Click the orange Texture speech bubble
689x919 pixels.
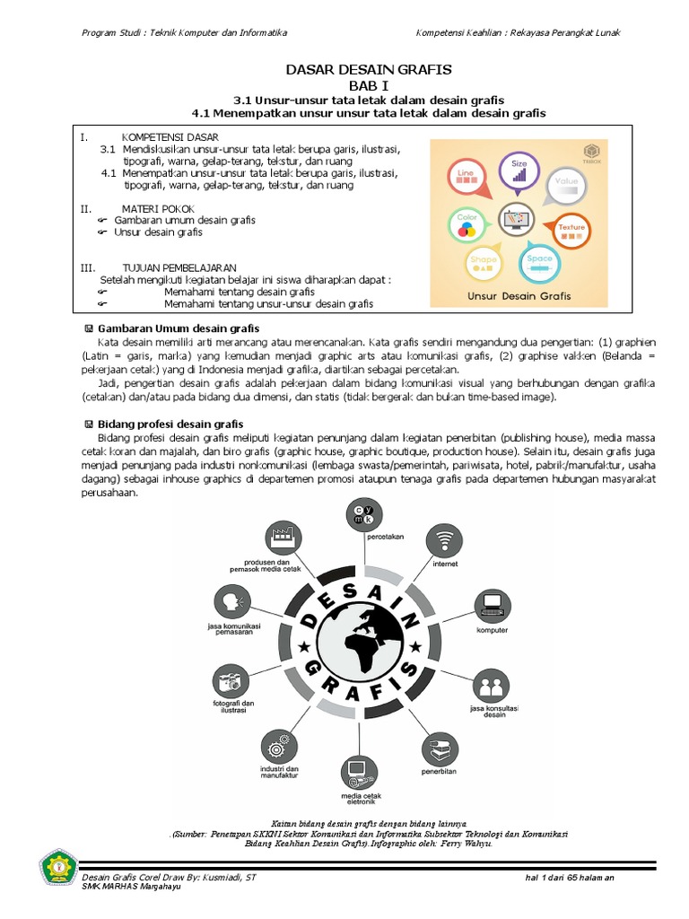pos(571,228)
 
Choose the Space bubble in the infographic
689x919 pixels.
pos(540,261)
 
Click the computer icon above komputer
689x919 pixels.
pos(492,603)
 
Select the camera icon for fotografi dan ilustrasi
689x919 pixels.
pos(231,680)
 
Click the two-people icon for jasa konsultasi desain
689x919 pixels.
pos(491,686)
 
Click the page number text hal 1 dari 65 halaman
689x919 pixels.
pos(570,878)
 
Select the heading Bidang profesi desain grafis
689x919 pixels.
pos(170,424)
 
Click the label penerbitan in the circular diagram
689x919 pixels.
pos(440,771)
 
